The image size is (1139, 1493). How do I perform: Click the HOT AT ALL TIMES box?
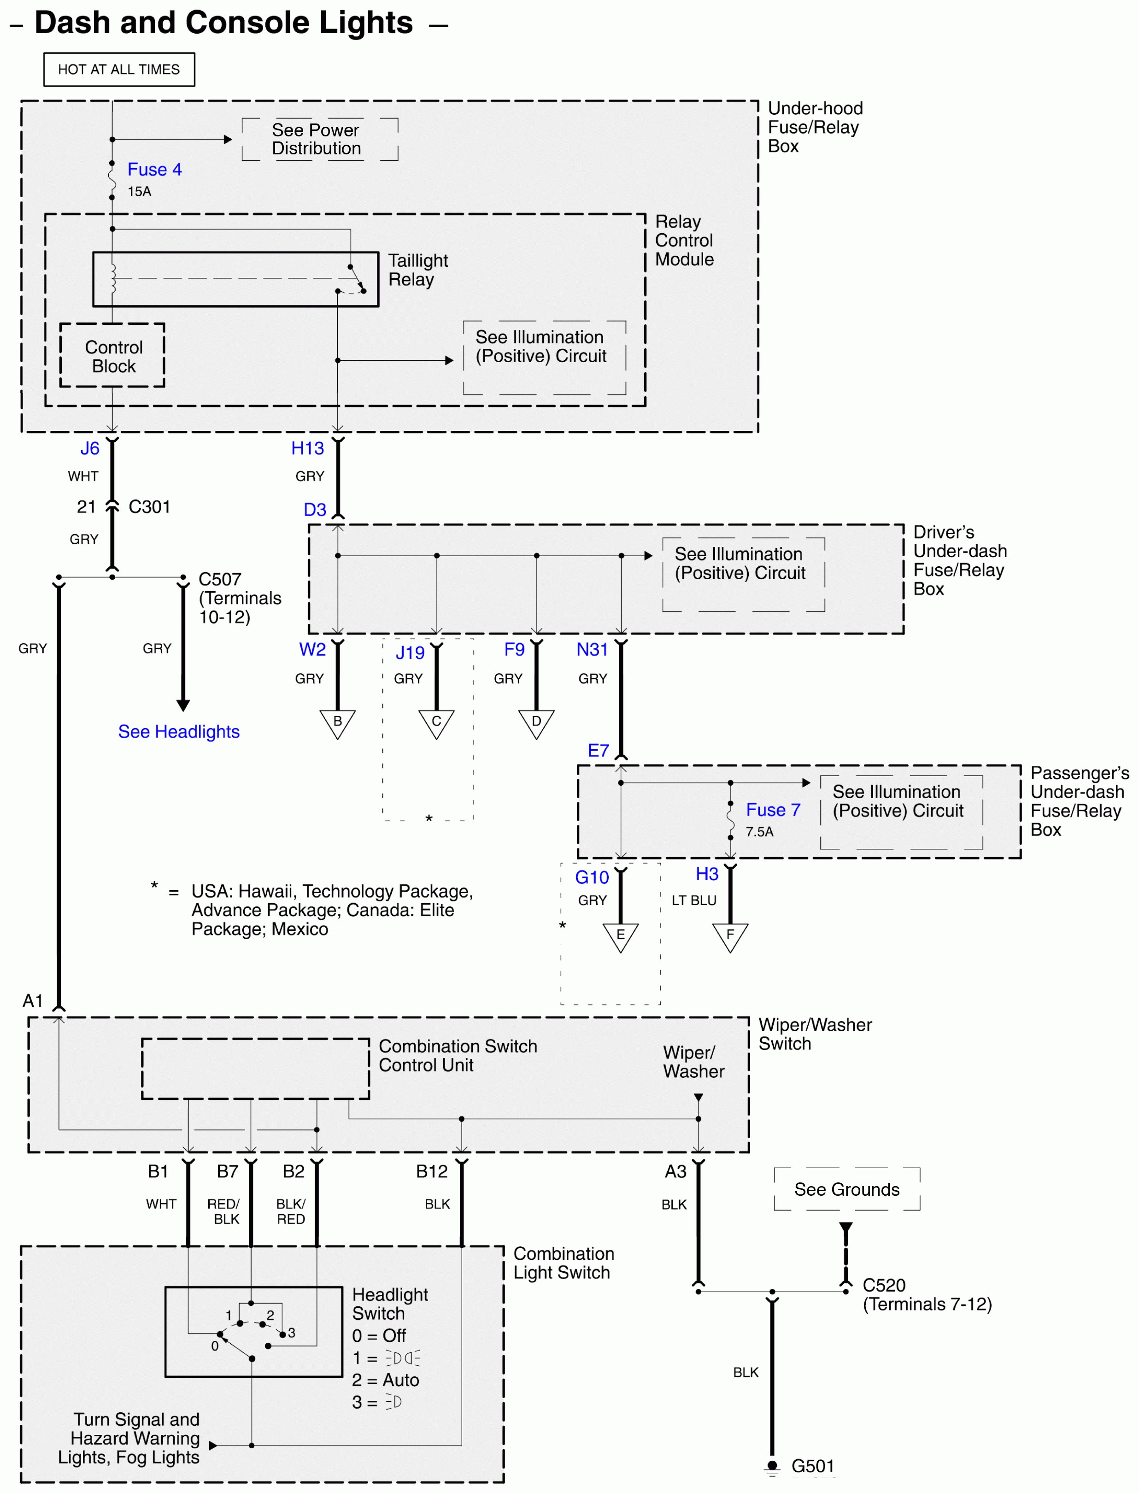119,69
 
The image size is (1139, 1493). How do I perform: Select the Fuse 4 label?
154,170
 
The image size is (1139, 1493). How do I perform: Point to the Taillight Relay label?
417,270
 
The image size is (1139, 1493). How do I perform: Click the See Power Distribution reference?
317,139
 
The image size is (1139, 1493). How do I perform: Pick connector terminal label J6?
89,448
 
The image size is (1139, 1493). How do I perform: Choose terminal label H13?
307,448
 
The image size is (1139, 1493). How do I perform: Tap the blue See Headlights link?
178,732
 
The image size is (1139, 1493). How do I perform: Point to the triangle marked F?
730,936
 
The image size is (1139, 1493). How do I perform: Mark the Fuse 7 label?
773,810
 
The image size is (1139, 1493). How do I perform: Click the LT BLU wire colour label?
693,900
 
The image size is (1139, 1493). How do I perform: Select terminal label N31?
592,650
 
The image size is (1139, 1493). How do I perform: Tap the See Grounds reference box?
847,1189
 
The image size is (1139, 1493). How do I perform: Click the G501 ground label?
812,1466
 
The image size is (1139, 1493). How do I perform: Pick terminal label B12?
432,1171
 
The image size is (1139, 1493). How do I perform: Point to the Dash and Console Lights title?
224,23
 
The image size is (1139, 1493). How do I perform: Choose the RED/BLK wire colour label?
224,1211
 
